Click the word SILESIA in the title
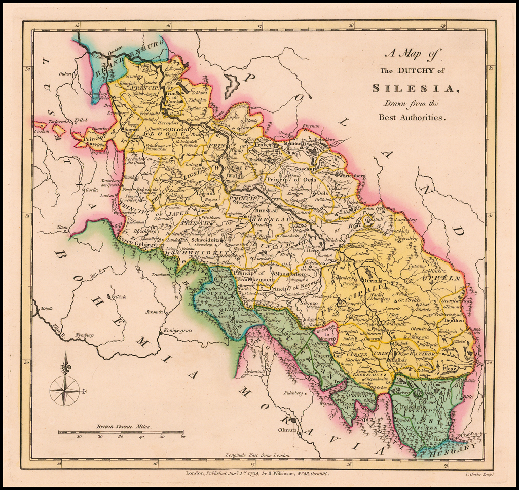coord(415,88)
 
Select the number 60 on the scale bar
coord(182,436)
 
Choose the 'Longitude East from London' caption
coord(258,455)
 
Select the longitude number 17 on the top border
coord(259,25)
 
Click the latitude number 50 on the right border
coord(490,362)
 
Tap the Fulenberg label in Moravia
coord(293,392)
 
